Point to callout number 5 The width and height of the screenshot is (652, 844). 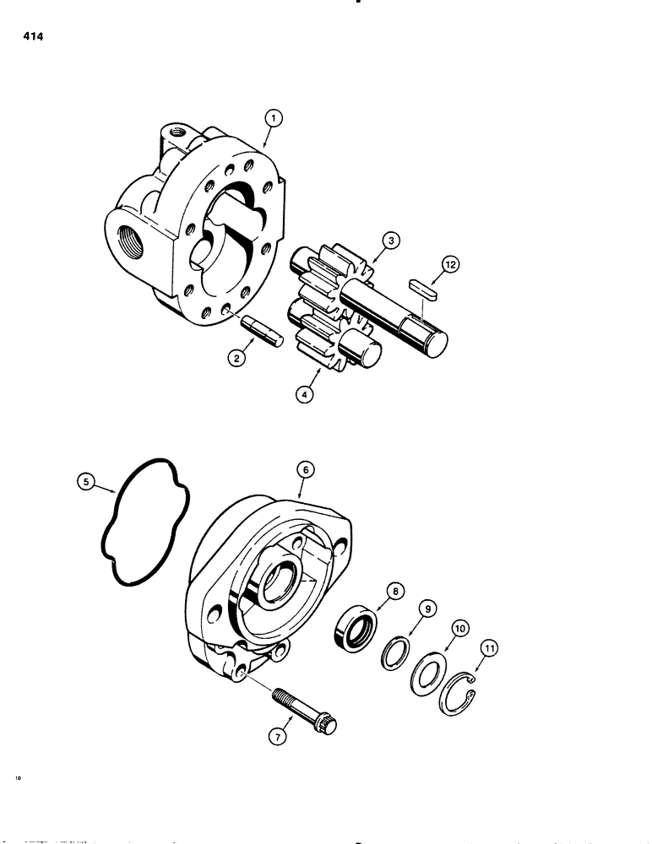(84, 484)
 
